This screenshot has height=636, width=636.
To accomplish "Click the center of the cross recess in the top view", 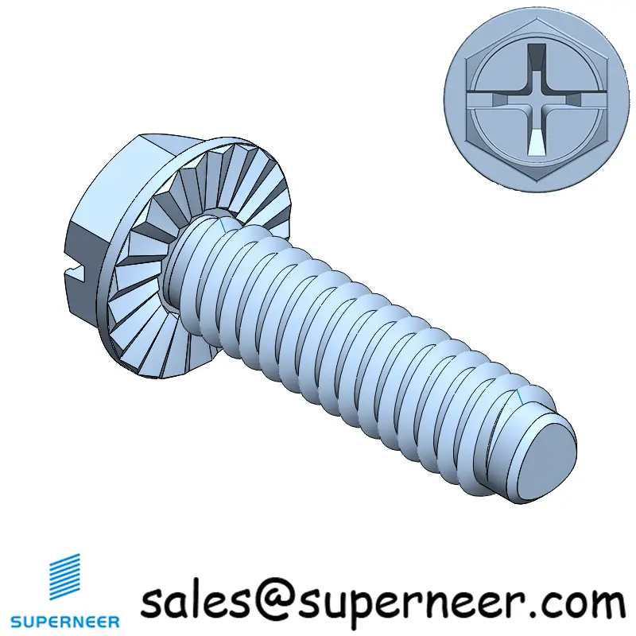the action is [x=537, y=100].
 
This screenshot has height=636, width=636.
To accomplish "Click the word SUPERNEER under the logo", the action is [x=65, y=622].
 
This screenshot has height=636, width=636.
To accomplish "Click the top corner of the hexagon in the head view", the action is [x=537, y=17].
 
